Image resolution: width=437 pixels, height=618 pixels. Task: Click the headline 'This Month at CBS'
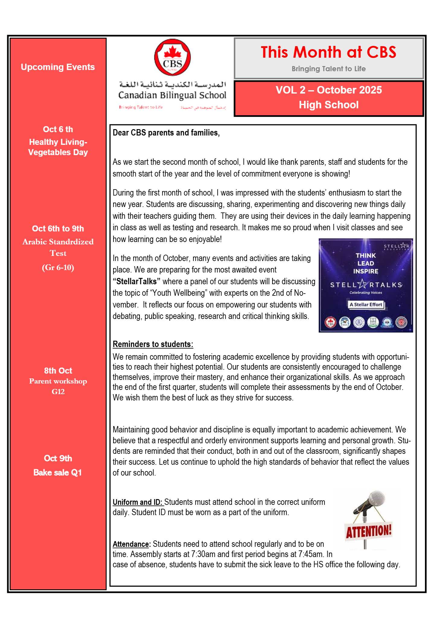[x=328, y=52]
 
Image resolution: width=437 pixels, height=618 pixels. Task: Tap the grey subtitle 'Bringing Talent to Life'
[x=328, y=69]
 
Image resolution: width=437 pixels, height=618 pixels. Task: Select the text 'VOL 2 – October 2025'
[x=328, y=90]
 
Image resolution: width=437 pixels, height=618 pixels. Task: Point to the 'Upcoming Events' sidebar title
[x=58, y=67]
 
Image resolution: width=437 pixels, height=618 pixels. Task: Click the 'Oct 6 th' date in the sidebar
[x=58, y=129]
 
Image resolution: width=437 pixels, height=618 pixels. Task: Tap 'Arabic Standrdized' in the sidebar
[x=58, y=242]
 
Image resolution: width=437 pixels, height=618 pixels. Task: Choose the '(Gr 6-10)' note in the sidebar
[x=58, y=267]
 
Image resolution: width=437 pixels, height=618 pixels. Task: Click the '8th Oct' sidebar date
[x=58, y=371]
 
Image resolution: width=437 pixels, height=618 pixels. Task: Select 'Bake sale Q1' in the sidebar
[x=58, y=473]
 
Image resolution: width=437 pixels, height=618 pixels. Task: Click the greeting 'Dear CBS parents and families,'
[x=166, y=133]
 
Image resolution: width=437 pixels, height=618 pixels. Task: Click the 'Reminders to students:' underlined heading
[x=153, y=344]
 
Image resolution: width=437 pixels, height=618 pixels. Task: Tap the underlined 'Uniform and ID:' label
[x=137, y=502]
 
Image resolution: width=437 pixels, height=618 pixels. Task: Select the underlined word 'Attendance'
[x=131, y=544]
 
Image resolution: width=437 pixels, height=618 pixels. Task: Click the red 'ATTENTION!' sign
[x=368, y=531]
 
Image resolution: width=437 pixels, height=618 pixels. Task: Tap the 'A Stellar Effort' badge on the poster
[x=366, y=304]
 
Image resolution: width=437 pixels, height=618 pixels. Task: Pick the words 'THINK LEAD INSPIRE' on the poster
[x=365, y=263]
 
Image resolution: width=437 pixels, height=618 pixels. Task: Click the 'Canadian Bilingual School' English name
[x=172, y=95]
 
